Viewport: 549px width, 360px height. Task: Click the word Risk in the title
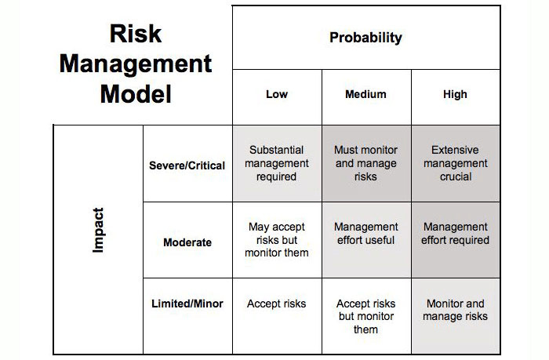click(x=136, y=34)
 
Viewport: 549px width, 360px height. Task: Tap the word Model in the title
click(x=136, y=94)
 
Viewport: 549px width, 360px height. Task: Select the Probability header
click(x=366, y=38)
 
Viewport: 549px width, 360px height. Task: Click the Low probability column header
click(x=277, y=94)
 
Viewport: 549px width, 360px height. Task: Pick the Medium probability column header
click(x=366, y=94)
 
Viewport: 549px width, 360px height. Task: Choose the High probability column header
click(x=455, y=94)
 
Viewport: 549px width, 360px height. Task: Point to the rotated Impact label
click(x=98, y=230)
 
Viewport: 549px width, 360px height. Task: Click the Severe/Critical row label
click(x=187, y=165)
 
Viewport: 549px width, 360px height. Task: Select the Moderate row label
click(x=187, y=242)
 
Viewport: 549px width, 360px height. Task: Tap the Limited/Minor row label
click(x=187, y=304)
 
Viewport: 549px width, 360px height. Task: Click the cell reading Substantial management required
click(x=277, y=163)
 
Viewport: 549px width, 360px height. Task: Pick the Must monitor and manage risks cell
click(x=366, y=163)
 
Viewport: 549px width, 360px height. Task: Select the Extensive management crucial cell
click(x=456, y=163)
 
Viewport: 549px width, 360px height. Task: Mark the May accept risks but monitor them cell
click(x=277, y=240)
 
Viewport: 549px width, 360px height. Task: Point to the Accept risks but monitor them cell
click(x=366, y=316)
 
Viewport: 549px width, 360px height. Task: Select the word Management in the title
click(x=136, y=65)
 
